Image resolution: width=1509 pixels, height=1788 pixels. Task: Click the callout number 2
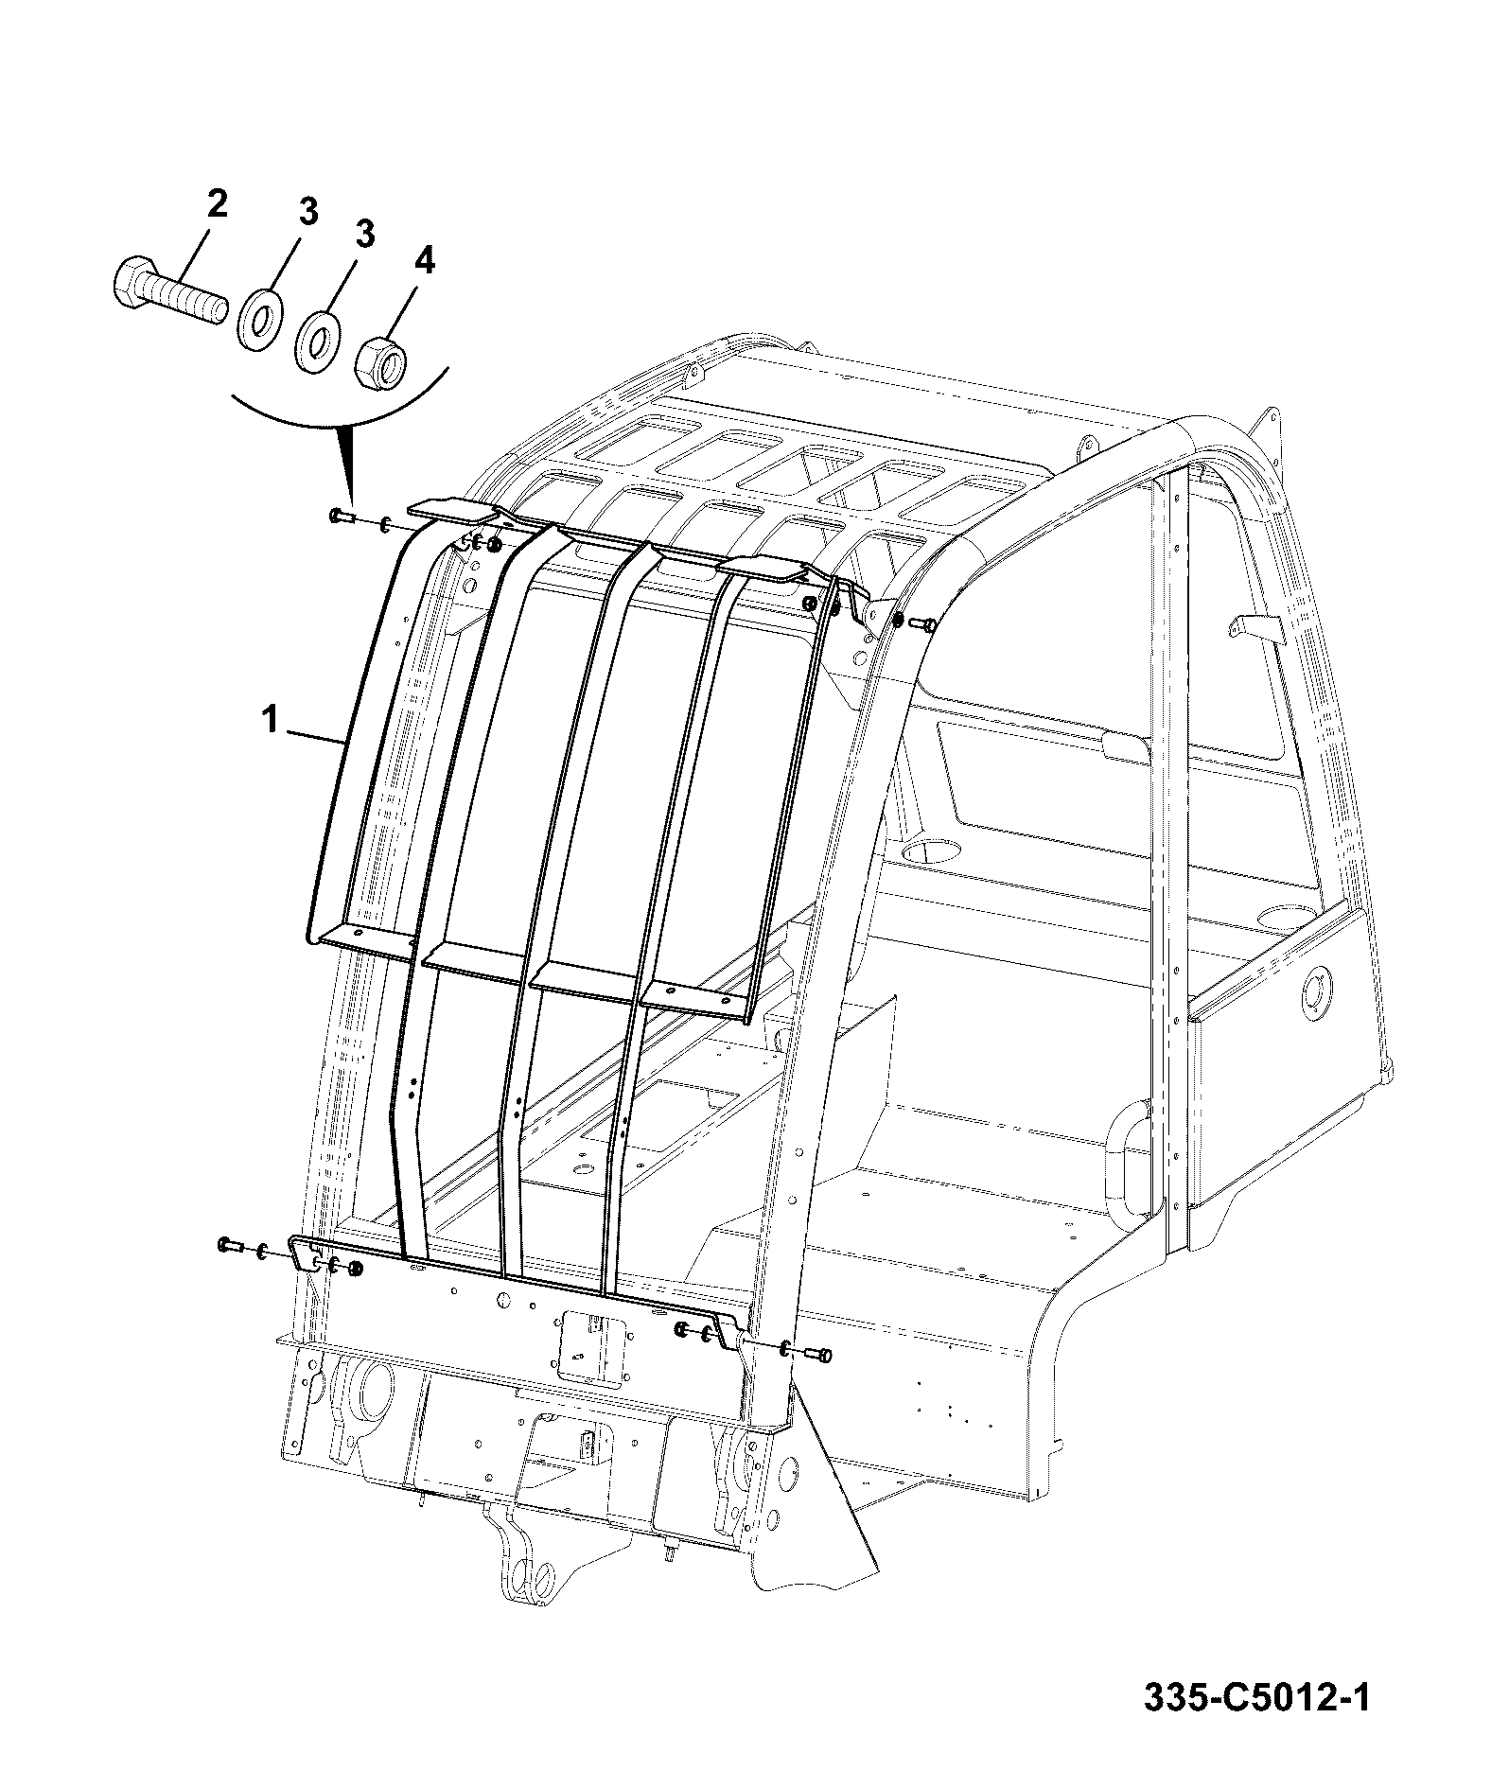(218, 204)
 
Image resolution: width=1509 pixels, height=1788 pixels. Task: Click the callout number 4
(425, 260)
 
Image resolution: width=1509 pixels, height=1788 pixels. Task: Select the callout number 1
(271, 722)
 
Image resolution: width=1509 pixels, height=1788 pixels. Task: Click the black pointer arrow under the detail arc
(349, 464)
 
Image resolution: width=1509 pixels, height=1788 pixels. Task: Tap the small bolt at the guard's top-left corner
(341, 517)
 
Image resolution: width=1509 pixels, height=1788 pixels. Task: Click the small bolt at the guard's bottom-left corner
(232, 1244)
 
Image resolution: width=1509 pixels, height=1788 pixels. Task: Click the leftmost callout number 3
(308, 212)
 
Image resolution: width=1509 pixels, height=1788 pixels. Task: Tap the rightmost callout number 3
(365, 234)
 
